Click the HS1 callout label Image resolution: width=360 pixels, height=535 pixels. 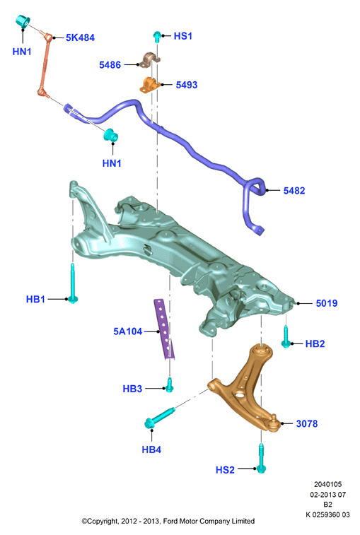(x=183, y=36)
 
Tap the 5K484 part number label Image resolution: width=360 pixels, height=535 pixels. (x=80, y=37)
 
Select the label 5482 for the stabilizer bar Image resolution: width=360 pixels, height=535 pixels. (x=294, y=190)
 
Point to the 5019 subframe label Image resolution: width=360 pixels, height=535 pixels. (x=327, y=303)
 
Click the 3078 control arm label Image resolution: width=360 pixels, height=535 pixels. (x=307, y=423)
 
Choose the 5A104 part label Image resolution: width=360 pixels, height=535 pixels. (x=128, y=331)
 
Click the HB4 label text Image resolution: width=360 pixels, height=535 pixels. (x=151, y=449)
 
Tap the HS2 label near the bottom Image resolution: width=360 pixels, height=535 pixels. (x=225, y=470)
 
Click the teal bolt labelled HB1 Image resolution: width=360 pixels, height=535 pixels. (x=73, y=283)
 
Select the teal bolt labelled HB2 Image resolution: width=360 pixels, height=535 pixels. (x=286, y=337)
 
